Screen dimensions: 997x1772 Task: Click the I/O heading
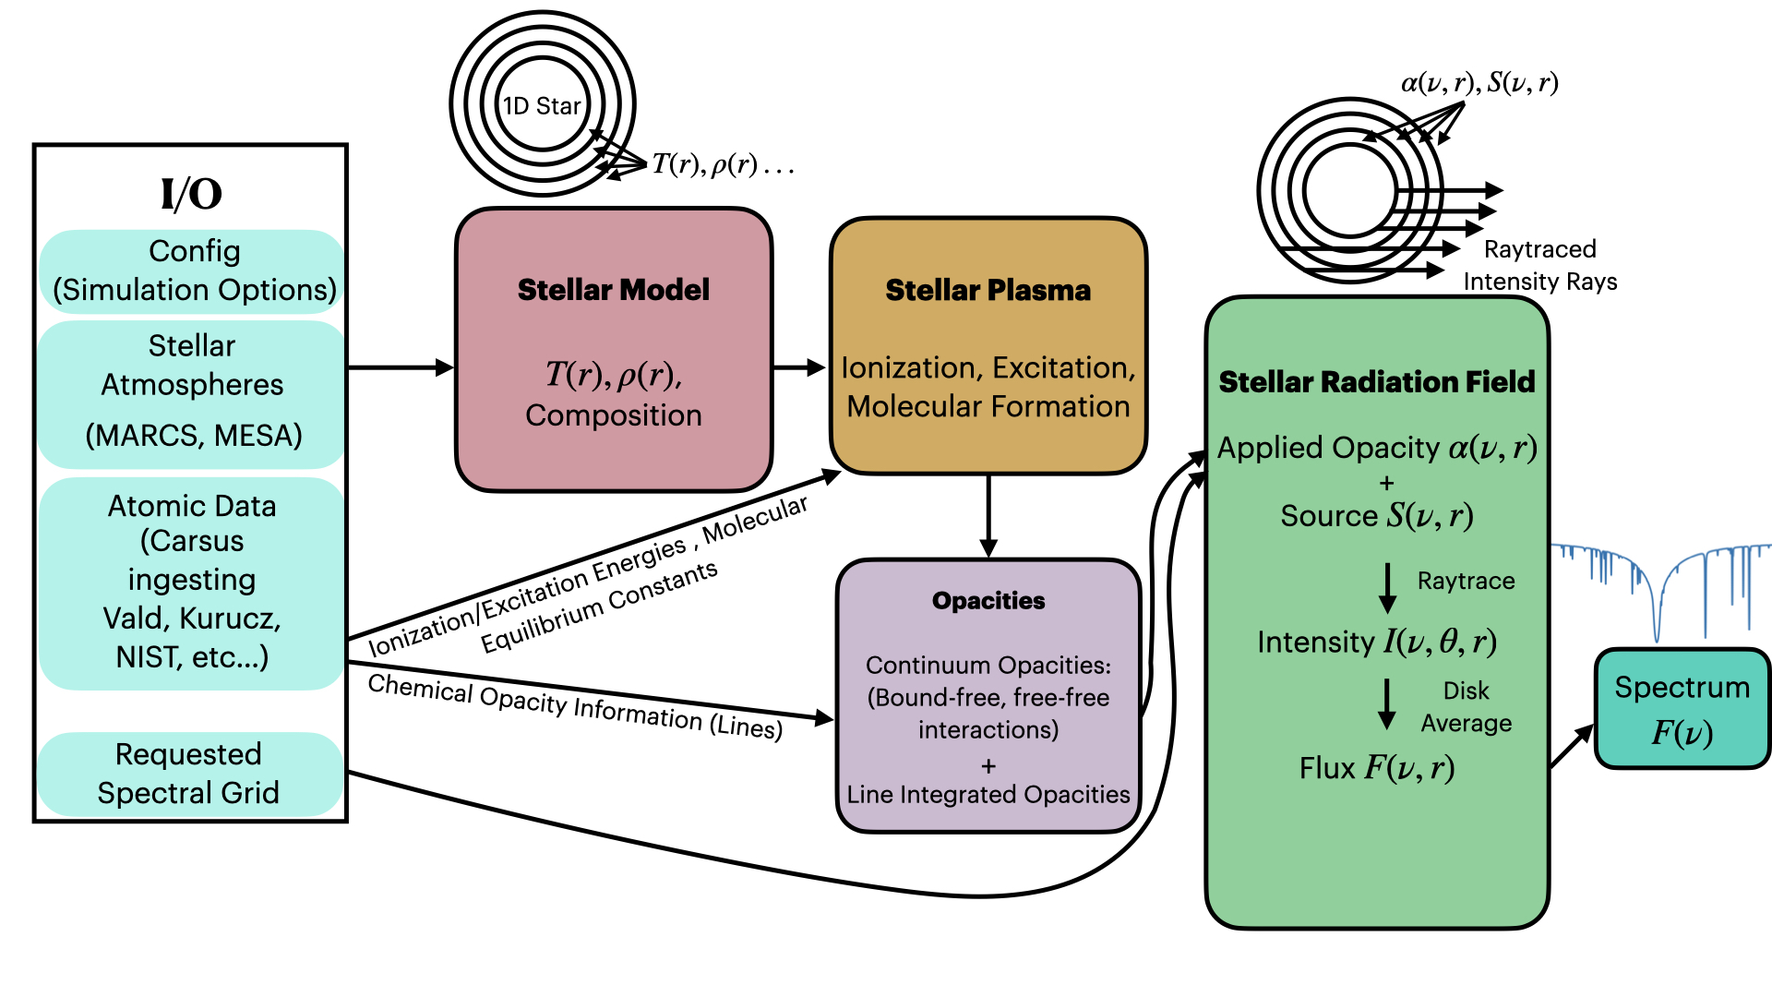click(x=191, y=194)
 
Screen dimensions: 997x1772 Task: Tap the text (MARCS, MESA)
click(x=194, y=435)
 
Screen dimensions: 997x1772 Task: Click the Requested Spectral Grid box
click(x=189, y=774)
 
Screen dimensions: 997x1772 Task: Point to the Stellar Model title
click(x=614, y=290)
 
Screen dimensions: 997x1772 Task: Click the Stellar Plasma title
click(x=988, y=290)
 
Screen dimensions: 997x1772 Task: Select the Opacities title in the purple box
click(x=988, y=601)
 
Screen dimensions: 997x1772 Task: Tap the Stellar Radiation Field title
click(x=1376, y=382)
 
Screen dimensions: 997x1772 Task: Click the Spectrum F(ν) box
click(x=1682, y=709)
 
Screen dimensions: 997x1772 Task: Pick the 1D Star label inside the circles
click(x=542, y=106)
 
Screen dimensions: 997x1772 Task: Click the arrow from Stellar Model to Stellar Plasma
click(x=798, y=367)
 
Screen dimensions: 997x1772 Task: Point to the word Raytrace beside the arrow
click(x=1466, y=581)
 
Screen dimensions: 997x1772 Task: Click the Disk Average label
click(x=1466, y=707)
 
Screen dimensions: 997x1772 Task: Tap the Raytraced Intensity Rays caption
click(x=1539, y=265)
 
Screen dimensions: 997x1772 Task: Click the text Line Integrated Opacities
click(x=988, y=795)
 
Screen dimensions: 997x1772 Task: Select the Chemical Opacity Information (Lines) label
click(x=575, y=707)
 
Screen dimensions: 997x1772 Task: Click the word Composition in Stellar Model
click(x=614, y=415)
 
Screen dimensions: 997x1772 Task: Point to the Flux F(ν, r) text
click(x=1376, y=768)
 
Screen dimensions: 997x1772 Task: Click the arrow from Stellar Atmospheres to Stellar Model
click(x=401, y=367)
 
